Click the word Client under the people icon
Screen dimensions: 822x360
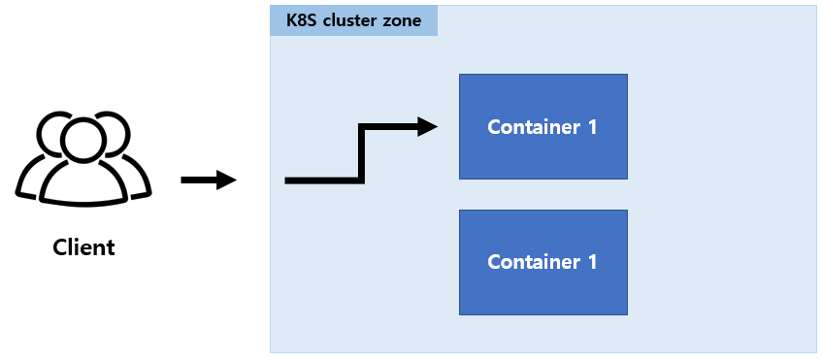(x=83, y=246)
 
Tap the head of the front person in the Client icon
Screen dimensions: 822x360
(x=83, y=139)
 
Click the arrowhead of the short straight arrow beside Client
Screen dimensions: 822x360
(x=226, y=180)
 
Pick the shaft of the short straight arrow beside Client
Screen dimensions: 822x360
(x=199, y=180)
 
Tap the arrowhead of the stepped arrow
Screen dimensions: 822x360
(x=427, y=127)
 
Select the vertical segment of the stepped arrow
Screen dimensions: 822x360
(x=362, y=153)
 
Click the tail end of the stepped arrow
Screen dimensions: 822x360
(x=285, y=180)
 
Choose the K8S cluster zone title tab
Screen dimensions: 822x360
(x=354, y=21)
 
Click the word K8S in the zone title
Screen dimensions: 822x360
(x=301, y=20)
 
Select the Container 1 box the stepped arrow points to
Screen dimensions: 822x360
(x=543, y=126)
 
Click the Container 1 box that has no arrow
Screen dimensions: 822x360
(x=543, y=262)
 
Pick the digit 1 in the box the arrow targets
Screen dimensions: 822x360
(x=592, y=127)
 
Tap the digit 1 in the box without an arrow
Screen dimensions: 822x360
(x=592, y=262)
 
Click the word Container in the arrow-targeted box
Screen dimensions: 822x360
(x=533, y=127)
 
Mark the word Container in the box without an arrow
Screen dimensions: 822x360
(x=533, y=262)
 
